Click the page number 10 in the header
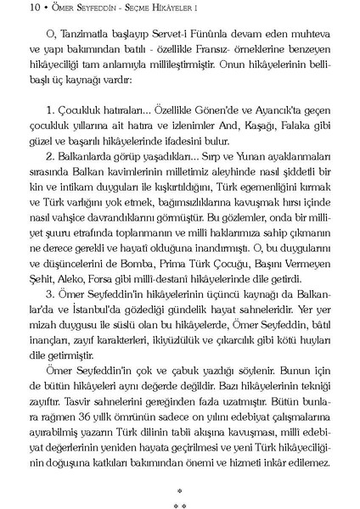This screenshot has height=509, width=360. [x=11, y=9]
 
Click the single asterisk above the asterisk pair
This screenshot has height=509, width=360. [x=179, y=490]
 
